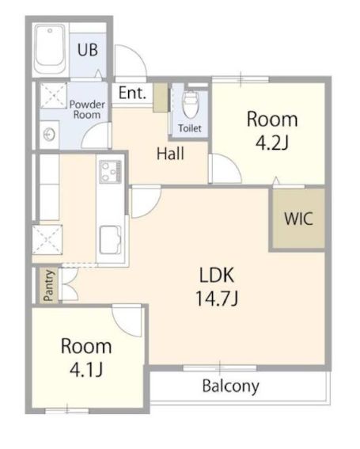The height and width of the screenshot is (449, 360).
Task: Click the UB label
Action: (x=88, y=50)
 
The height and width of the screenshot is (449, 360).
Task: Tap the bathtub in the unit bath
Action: (x=51, y=49)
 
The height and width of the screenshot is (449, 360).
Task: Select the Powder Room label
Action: (x=87, y=109)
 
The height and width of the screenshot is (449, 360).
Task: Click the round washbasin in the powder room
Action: (x=49, y=135)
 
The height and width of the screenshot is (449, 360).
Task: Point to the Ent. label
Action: (x=132, y=93)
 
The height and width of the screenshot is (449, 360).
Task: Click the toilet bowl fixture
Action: (x=191, y=105)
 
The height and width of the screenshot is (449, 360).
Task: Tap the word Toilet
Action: (x=190, y=128)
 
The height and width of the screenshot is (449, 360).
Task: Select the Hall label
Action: (x=170, y=154)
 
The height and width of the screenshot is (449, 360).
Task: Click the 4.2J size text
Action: (x=271, y=143)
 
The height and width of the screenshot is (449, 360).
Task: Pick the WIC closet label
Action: (x=298, y=219)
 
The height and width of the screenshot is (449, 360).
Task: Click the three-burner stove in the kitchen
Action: (x=110, y=172)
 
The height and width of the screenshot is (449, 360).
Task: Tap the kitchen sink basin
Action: (x=110, y=240)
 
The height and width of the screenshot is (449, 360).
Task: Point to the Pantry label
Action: (x=49, y=286)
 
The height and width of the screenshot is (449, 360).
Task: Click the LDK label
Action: (x=216, y=275)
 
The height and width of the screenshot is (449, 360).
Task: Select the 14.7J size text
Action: (x=217, y=298)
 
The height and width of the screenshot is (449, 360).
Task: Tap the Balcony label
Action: (x=231, y=386)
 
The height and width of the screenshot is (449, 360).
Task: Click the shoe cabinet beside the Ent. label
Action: (x=161, y=97)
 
